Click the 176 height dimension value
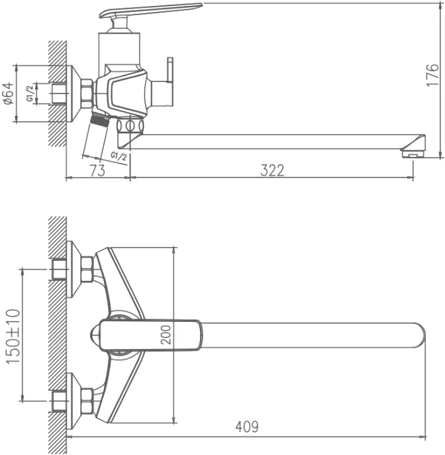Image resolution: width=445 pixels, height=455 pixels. click(432, 75)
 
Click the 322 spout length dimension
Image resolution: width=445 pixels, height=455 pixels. click(272, 170)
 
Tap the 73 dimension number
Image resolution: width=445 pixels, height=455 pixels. click(97, 170)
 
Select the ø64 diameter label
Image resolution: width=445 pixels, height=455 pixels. click(8, 93)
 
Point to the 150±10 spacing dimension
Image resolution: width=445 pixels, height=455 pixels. click(13, 336)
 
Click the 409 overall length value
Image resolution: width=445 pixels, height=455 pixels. click(246, 427)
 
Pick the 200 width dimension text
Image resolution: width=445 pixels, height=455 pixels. click(166, 334)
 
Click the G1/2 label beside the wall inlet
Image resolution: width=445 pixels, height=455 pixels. click(30, 93)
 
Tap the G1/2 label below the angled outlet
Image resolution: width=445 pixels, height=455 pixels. click(119, 156)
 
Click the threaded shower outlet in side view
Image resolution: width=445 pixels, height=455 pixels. click(100, 120)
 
